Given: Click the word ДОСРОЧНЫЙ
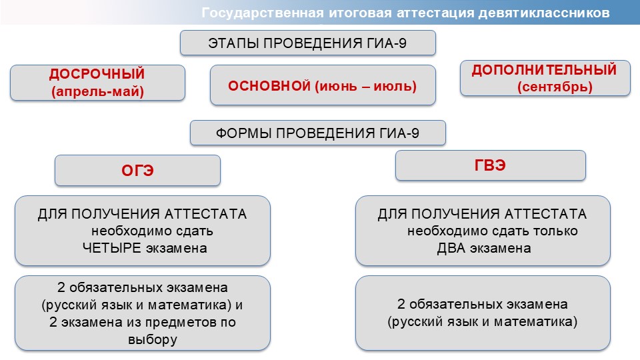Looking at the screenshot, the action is tap(97, 74).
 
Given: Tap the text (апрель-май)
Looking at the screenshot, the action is tap(97, 91).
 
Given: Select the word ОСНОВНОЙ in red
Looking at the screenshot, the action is tap(269, 86).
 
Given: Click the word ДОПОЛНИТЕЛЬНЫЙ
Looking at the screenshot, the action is tap(544, 70).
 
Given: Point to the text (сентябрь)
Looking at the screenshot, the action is tap(555, 87).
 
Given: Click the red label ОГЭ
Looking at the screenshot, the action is tap(137, 171).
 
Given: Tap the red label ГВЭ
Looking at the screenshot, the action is tap(490, 165).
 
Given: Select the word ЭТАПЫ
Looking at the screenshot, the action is tap(233, 43).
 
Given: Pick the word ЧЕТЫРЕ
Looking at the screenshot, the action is tap(112, 248).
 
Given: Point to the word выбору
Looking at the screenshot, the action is tap(153, 339).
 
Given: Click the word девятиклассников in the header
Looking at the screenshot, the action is tap(544, 13).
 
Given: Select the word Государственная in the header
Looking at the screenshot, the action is tap(263, 13).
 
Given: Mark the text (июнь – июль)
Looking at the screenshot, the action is tap(366, 86).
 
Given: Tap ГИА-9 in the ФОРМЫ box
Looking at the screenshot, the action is tap(399, 133).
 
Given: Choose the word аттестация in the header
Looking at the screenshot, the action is tap(435, 13).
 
